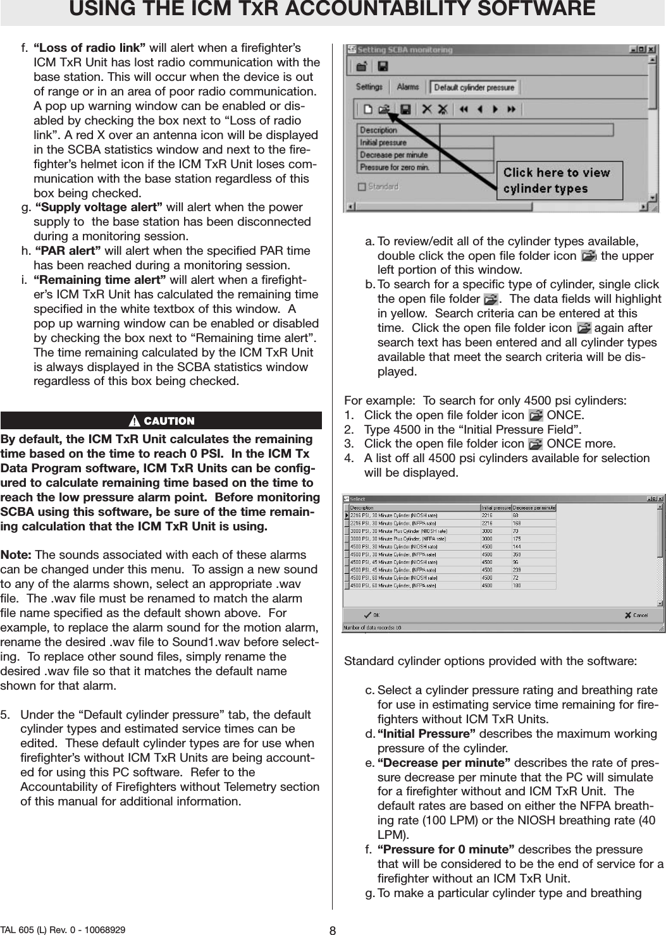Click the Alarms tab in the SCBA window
pos(408,87)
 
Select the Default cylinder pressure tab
pos(474,87)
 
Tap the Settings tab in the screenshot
pos(369,87)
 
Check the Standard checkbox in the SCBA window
pos(362,186)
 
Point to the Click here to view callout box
pos(557,180)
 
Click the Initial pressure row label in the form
pos(383,143)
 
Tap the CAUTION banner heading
pos(162,421)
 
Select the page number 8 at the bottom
pos(333,929)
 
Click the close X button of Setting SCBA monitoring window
pos(651,49)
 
